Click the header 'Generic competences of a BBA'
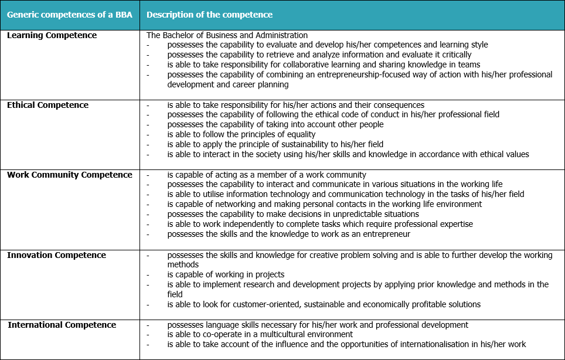tap(69, 15)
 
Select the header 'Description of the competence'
tap(209, 15)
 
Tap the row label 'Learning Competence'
tap(52, 35)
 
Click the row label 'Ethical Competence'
tap(47, 105)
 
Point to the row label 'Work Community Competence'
tap(70, 175)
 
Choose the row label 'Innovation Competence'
tap(56, 255)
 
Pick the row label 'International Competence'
tap(62, 325)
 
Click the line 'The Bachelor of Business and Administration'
tap(227, 35)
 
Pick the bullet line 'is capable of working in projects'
tap(226, 274)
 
